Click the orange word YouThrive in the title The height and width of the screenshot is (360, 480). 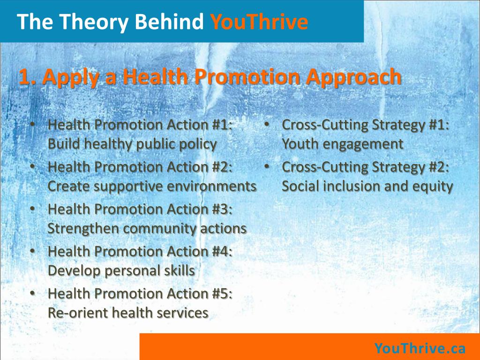click(259, 22)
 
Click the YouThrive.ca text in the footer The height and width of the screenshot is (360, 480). click(420, 348)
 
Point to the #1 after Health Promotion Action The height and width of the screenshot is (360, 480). click(222, 125)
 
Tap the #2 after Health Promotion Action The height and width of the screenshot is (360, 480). click(222, 167)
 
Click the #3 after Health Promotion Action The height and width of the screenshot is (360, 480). click(222, 209)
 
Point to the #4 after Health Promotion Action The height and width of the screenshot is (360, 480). click(222, 251)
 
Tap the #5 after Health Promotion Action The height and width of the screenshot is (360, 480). click(222, 293)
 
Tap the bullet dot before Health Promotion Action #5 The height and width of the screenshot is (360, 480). click(32, 293)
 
